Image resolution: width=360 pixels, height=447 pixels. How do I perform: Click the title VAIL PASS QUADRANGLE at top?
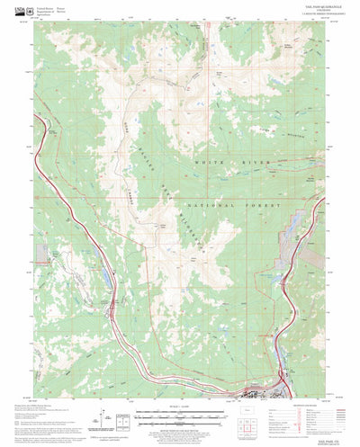coord(179,8)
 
